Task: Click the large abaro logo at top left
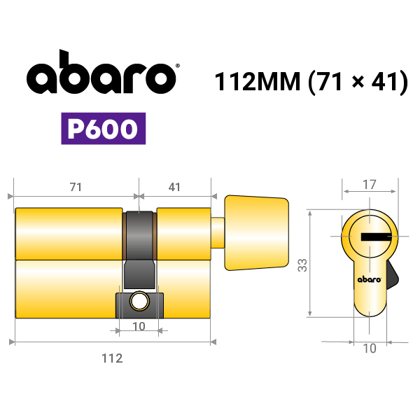pyautogui.click(x=101, y=72)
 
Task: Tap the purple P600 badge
pyautogui.click(x=104, y=129)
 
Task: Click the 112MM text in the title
pyautogui.click(x=258, y=81)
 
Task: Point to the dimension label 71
pyautogui.click(x=76, y=187)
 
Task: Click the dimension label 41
pyautogui.click(x=174, y=187)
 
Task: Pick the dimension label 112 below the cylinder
pyautogui.click(x=112, y=358)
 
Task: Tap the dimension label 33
pyautogui.click(x=302, y=265)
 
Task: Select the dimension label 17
pyautogui.click(x=370, y=185)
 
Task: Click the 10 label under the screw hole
pyautogui.click(x=139, y=326)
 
